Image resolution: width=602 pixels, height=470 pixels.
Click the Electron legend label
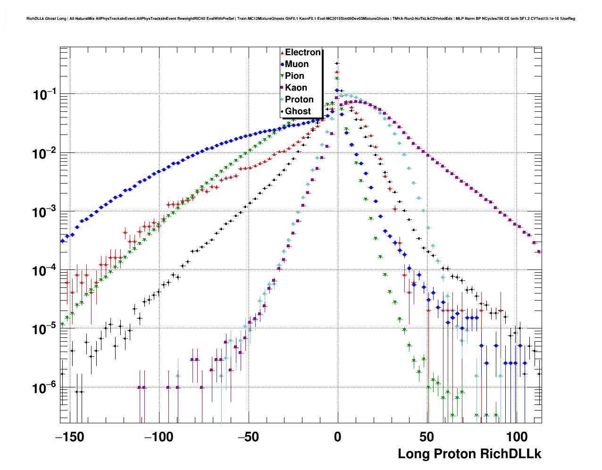point(303,52)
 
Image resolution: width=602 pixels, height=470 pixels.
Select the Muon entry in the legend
point(297,64)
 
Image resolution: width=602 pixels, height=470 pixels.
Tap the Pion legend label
point(294,76)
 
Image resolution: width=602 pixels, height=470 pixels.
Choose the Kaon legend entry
point(296,88)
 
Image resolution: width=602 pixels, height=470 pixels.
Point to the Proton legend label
point(299,100)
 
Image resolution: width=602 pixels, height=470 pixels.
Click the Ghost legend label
point(298,111)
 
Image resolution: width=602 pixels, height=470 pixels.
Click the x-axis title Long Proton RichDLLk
point(469,454)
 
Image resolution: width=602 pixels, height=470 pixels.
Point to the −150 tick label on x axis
point(69,437)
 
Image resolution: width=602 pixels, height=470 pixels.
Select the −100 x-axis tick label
point(159,437)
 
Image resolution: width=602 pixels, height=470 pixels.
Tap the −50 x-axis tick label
point(248,437)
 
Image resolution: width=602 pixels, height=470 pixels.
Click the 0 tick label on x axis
point(337,437)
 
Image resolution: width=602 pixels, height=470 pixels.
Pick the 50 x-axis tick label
point(427,437)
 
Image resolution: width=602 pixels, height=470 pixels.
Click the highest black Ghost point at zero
point(337,63)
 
